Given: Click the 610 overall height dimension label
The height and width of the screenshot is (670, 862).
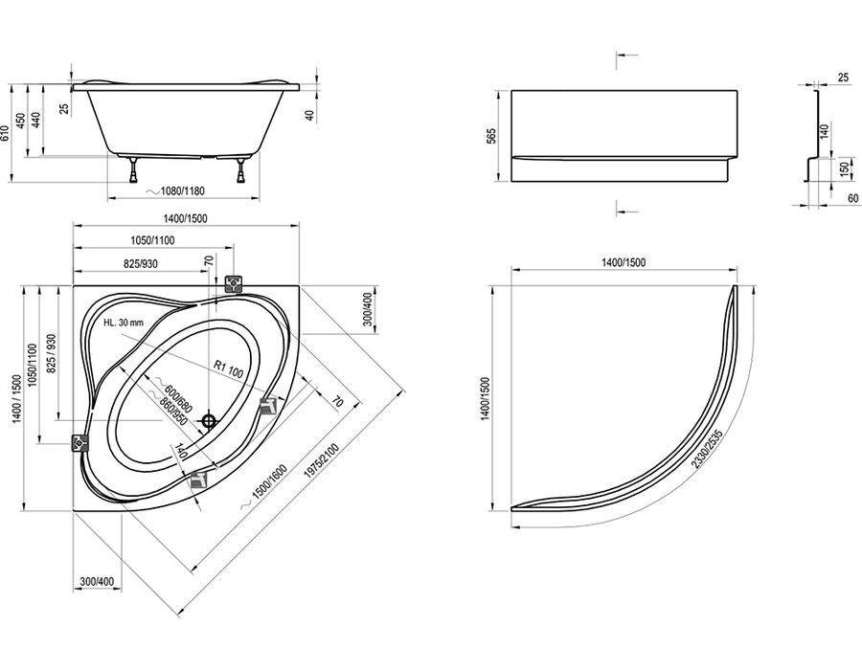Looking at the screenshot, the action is [5, 133].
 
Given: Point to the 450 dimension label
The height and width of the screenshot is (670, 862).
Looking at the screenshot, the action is [21, 122].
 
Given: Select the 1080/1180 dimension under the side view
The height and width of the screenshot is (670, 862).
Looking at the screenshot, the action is [176, 191].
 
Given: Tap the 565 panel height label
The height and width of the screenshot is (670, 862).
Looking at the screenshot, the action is [492, 136].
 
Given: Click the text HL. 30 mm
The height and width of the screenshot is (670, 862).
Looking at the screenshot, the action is [124, 323].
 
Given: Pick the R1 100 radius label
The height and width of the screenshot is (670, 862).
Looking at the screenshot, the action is [229, 368].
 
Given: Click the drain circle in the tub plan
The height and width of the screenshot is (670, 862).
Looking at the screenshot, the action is [209, 421].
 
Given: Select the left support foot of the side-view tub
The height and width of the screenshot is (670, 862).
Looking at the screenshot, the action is [133, 169].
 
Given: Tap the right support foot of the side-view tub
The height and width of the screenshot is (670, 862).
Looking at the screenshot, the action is [240, 169].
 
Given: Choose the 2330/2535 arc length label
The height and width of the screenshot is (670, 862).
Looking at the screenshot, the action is [707, 448].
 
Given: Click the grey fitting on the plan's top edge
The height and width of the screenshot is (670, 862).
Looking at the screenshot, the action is [234, 284].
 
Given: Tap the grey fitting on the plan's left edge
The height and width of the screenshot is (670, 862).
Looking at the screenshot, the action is [80, 442].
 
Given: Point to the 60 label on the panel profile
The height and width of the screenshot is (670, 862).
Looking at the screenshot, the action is [852, 198].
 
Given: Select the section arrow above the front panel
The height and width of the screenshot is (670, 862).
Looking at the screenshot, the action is [626, 55].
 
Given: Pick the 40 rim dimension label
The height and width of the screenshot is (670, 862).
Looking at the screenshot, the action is [309, 116].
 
